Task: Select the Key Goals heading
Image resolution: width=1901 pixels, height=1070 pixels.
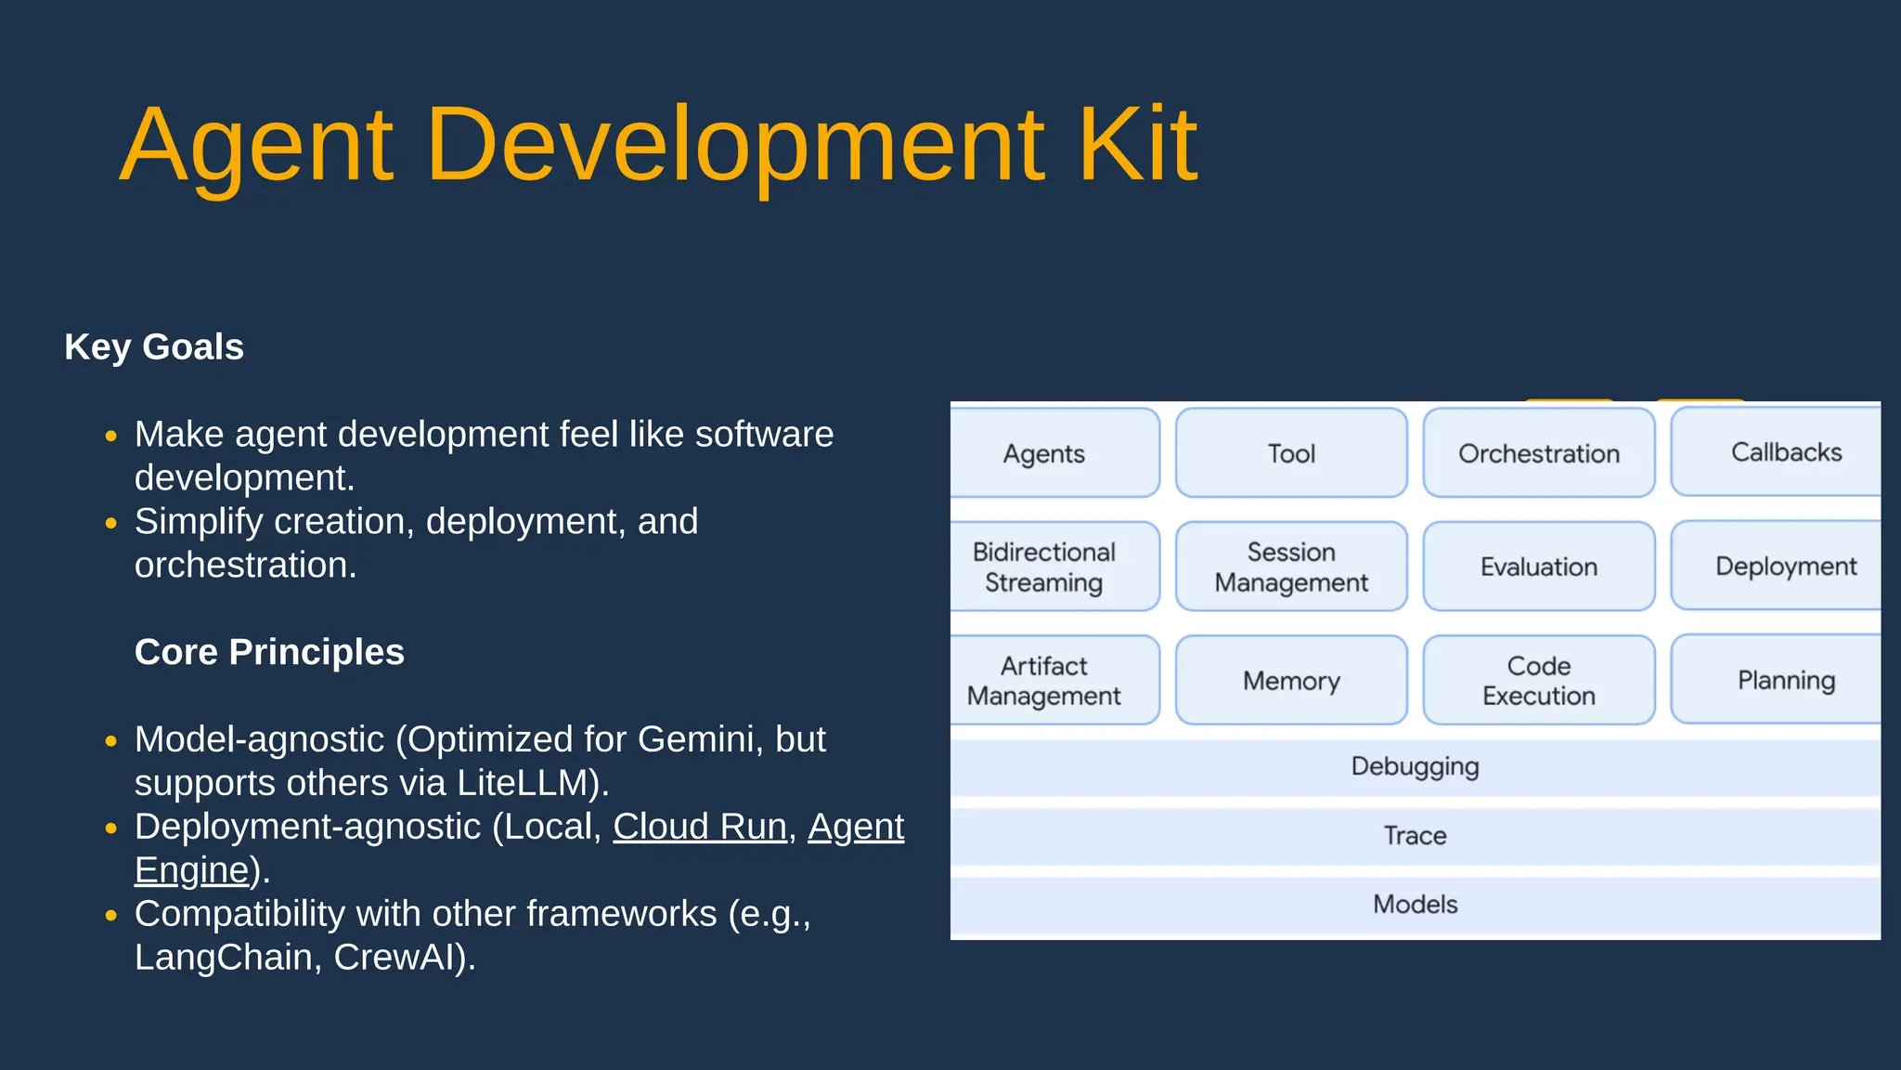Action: pos(154,347)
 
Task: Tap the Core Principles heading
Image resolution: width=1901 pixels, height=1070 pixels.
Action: pos(269,652)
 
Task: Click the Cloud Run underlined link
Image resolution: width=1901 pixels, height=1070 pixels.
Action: pos(699,827)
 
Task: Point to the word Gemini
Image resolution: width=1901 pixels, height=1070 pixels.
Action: pos(696,739)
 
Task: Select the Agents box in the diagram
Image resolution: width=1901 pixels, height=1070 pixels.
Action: pos(1044,453)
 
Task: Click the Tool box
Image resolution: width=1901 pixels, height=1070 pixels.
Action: pos(1291,453)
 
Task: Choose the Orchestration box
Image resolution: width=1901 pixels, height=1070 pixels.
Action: pos(1538,453)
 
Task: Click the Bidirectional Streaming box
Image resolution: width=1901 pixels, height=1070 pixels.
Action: pos(1044,567)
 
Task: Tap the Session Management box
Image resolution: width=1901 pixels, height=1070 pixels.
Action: pos(1291,567)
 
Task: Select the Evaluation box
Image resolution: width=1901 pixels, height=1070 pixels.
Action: pos(1538,567)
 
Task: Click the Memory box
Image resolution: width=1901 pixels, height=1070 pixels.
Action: pos(1291,681)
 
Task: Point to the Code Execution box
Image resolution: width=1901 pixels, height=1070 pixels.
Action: pos(1538,681)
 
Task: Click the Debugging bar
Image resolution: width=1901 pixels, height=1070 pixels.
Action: pos(1415,767)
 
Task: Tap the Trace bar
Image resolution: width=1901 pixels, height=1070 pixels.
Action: pos(1415,836)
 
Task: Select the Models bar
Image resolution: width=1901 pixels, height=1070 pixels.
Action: pos(1415,905)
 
